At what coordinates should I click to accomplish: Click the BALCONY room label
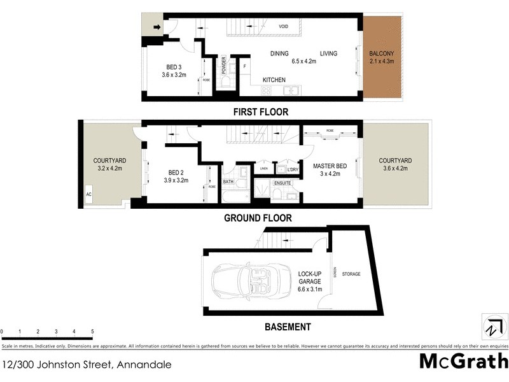click(x=382, y=53)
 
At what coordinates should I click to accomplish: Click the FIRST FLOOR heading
click(x=260, y=112)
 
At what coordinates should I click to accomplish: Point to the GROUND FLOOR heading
click(x=258, y=218)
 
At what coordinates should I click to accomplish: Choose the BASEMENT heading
click(x=288, y=327)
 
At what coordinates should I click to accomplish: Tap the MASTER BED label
click(x=330, y=166)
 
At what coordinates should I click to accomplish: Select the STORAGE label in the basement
click(x=351, y=274)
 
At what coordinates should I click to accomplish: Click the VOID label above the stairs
click(x=284, y=26)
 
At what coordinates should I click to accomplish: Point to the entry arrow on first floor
click(x=157, y=27)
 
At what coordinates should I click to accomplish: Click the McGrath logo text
click(x=463, y=361)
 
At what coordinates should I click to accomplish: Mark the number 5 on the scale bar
click(x=92, y=332)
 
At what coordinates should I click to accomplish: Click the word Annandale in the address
click(x=144, y=365)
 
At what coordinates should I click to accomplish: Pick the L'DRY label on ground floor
click(x=292, y=169)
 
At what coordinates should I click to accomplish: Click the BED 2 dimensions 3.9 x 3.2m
click(x=176, y=180)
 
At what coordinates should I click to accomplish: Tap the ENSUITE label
click(x=282, y=183)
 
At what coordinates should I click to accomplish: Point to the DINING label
click(x=279, y=53)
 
